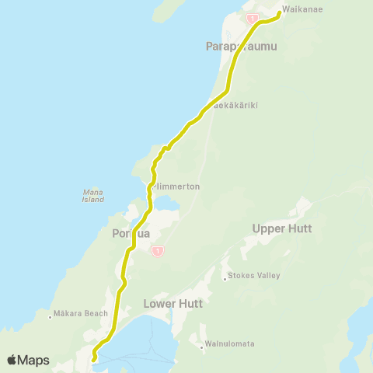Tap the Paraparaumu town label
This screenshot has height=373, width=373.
pyautogui.click(x=242, y=47)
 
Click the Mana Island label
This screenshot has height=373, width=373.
pyautogui.click(x=93, y=195)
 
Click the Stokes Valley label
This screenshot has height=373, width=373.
pyautogui.click(x=255, y=276)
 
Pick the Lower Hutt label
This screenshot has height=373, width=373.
pyautogui.click(x=173, y=304)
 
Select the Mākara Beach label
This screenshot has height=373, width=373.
pyautogui.click(x=80, y=314)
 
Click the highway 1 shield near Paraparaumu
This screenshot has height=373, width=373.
pyautogui.click(x=252, y=18)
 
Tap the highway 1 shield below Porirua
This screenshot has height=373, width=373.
pyautogui.click(x=158, y=250)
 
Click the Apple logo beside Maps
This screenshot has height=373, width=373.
pyautogui.click(x=12, y=361)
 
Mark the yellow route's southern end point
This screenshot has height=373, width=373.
pyautogui.click(x=93, y=360)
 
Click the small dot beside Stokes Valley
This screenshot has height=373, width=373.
pyautogui.click(x=224, y=277)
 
